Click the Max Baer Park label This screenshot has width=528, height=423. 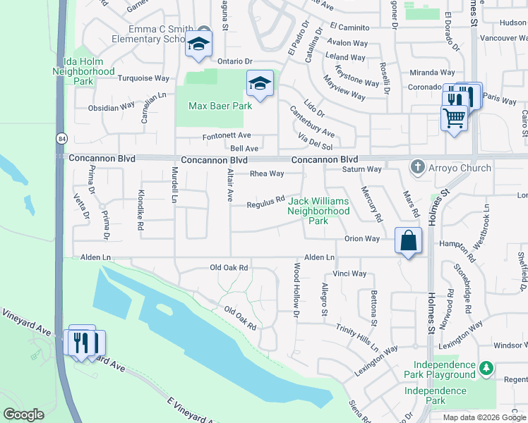pos(220,106)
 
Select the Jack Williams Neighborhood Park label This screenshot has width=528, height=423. pos(318,211)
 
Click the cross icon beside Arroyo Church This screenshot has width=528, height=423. pos(418,168)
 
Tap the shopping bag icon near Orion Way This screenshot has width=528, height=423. pos(408,240)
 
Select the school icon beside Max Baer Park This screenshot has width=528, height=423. pos(260,84)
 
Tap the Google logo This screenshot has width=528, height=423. pos(23,415)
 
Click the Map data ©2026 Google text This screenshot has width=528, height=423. pos(484,417)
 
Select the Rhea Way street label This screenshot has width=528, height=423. pos(267,173)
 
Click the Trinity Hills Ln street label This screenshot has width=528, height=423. pos(357,339)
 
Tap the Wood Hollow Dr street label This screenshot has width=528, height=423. pos(297,289)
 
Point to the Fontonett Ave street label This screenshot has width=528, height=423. pos(227,135)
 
